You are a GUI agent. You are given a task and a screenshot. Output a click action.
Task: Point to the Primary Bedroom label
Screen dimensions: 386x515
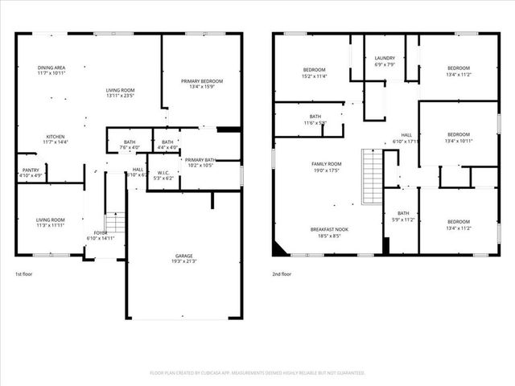coord(201,81)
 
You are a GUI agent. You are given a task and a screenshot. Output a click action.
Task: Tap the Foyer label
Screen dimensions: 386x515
coord(101,232)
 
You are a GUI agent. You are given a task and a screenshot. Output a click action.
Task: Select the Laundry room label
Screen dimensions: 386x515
coord(385,59)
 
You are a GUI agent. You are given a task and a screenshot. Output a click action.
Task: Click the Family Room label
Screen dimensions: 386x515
coord(328,163)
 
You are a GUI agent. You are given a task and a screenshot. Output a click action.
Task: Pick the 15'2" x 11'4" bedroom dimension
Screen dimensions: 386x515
coord(314,76)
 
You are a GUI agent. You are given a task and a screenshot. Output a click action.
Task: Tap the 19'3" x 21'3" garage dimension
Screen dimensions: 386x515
coord(183,261)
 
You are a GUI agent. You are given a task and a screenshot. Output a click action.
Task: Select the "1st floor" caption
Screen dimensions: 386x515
coord(24,275)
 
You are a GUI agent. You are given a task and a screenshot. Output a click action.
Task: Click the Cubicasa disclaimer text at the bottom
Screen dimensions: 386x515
coord(257,373)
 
